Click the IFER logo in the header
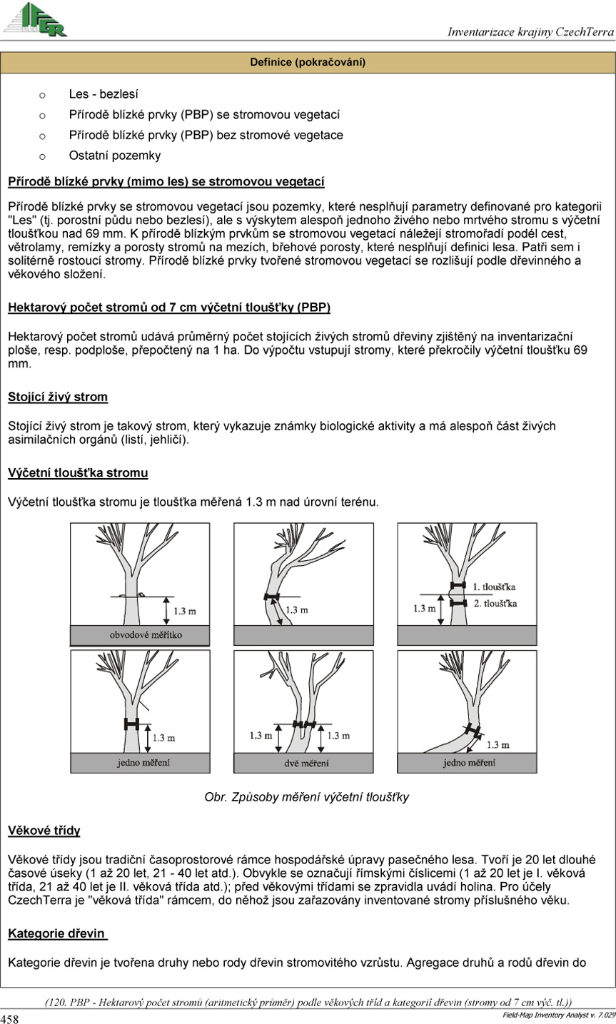(36, 19)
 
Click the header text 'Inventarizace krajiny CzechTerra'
(530, 31)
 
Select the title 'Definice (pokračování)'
(308, 63)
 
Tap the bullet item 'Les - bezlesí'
(103, 93)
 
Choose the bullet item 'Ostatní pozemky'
(114, 156)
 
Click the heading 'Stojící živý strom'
(58, 396)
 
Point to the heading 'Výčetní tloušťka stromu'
(78, 473)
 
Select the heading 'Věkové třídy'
(44, 830)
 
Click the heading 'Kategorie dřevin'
(56, 933)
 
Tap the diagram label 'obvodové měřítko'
(146, 634)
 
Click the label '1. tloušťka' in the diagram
(495, 587)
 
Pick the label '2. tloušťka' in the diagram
(495, 603)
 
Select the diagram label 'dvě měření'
(303, 763)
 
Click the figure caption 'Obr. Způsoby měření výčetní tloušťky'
(307, 797)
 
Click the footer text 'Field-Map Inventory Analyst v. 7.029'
(557, 1014)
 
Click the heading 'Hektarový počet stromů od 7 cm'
(169, 308)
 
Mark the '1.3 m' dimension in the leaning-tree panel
(296, 609)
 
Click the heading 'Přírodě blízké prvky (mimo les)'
(166, 181)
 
